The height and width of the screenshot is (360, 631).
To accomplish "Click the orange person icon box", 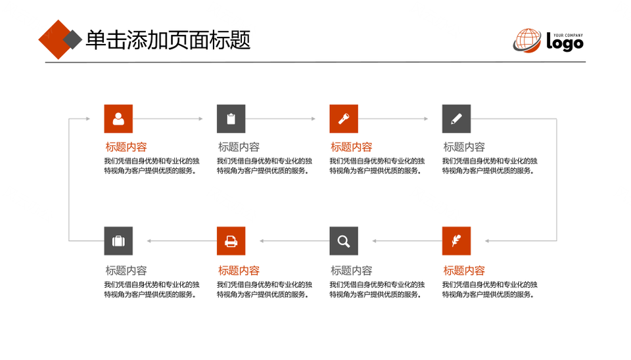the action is click(x=118, y=119).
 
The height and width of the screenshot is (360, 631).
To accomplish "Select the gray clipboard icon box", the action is click(x=231, y=119).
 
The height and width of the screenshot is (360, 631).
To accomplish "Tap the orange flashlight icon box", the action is click(x=344, y=119).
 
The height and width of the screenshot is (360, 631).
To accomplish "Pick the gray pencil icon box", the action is click(x=456, y=119).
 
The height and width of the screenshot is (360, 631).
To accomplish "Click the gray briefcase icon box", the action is click(x=118, y=241).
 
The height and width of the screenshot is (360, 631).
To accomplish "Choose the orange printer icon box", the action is click(x=231, y=241).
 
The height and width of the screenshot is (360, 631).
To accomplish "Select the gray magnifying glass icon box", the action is click(x=344, y=241).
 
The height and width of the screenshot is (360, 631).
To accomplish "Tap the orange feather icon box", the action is click(x=456, y=241).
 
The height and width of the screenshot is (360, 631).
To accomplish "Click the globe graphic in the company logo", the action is click(x=527, y=41).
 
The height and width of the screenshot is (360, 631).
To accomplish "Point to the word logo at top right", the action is click(x=565, y=42).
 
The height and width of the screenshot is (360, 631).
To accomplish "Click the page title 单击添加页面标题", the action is click(x=168, y=40).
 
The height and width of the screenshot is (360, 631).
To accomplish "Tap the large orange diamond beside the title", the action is click(x=58, y=39).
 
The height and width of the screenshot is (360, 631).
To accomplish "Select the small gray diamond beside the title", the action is click(x=72, y=39).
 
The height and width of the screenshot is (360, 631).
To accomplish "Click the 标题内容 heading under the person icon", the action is click(x=126, y=146).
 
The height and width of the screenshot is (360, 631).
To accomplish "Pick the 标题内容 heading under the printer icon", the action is click(x=239, y=270).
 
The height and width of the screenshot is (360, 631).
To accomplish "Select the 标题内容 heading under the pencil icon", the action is click(x=464, y=146).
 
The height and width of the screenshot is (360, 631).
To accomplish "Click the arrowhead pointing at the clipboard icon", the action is click(x=201, y=119).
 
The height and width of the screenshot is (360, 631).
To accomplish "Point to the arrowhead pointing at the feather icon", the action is click(x=487, y=241).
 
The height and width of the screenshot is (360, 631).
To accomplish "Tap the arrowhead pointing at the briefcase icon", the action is click(x=149, y=241).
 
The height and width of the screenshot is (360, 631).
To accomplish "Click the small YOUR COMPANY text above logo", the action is click(x=568, y=35).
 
